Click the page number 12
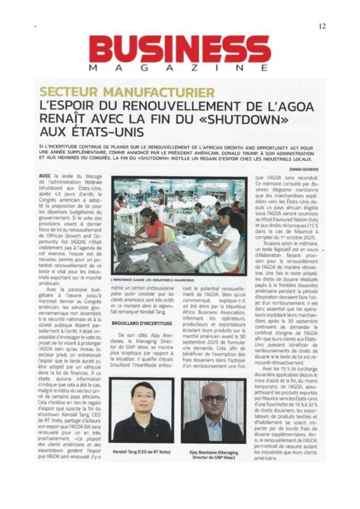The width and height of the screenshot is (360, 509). [x=322, y=26]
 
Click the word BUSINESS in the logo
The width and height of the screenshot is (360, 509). [x=180, y=48]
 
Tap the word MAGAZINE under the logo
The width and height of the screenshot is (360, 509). [x=180, y=67]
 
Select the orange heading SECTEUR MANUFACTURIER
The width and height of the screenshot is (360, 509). [x=127, y=92]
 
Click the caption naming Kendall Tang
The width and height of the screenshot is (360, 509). [x=142, y=450]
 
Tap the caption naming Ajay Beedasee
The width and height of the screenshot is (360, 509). [x=214, y=453]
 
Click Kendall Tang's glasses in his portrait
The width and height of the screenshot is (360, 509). [x=143, y=396]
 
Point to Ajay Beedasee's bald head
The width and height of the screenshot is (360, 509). [x=213, y=388]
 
